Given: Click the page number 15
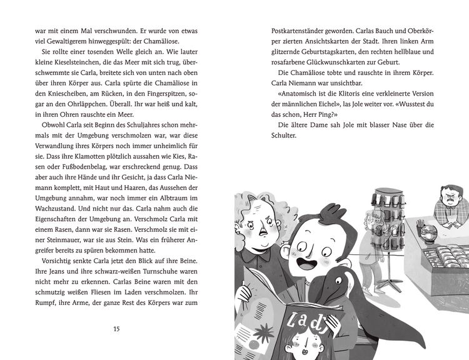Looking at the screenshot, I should (116, 329).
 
